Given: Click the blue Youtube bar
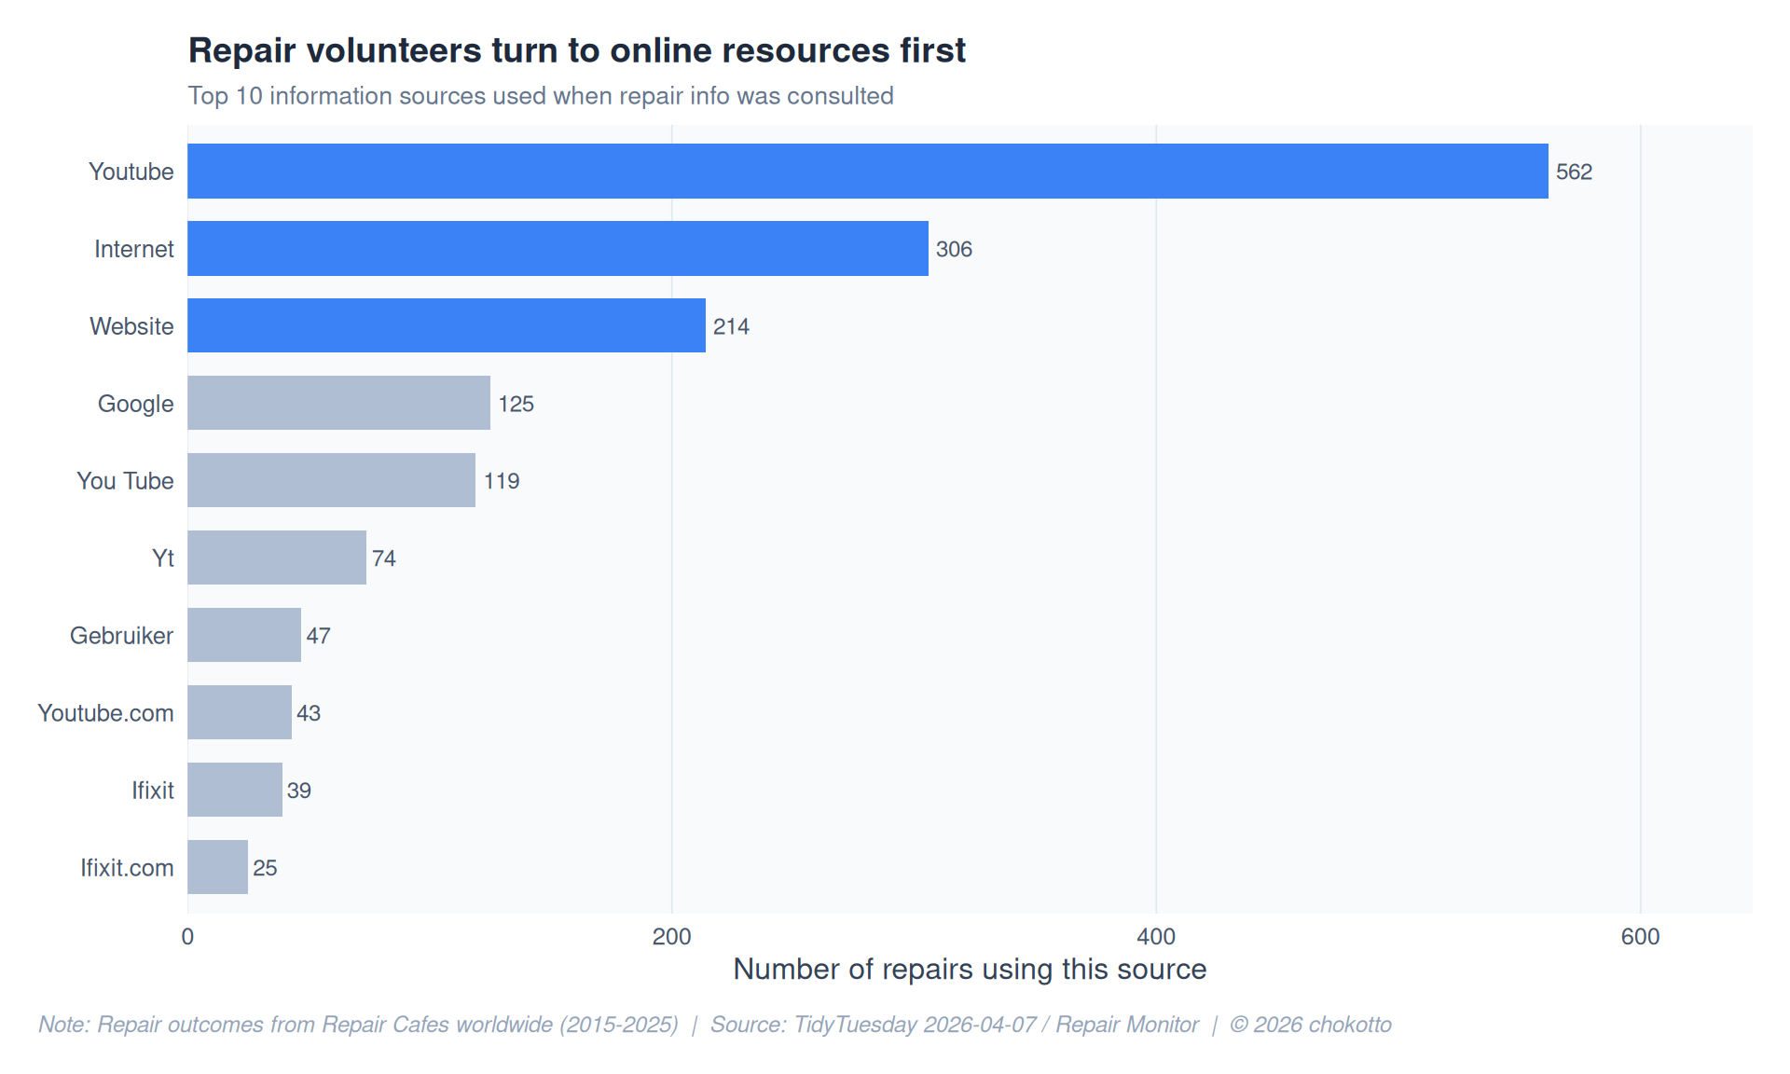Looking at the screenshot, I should pos(867,171).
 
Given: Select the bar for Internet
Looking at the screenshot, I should pos(558,248).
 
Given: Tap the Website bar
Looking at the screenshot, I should pos(446,325).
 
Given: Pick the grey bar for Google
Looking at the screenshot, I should pos(338,403).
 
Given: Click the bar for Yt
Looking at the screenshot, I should pos(276,558).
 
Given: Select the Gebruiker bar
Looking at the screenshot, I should pos(243,635).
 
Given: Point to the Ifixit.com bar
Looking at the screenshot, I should pos(217,867).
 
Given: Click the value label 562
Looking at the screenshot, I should pos(1574,172).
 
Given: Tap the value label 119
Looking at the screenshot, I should pos(502,481).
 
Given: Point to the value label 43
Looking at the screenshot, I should pos(309,713).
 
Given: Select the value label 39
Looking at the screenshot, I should pos(299,791).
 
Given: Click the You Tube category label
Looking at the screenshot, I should pos(125,481).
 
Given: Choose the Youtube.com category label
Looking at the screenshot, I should pos(105,713).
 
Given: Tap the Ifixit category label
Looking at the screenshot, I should pos(152,791).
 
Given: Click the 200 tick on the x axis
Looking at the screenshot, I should pos(671,936).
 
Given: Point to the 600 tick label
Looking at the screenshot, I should pos(1640,936).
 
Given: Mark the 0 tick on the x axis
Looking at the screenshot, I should pos(187,936).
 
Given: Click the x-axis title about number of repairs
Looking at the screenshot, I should pos(970,970).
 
